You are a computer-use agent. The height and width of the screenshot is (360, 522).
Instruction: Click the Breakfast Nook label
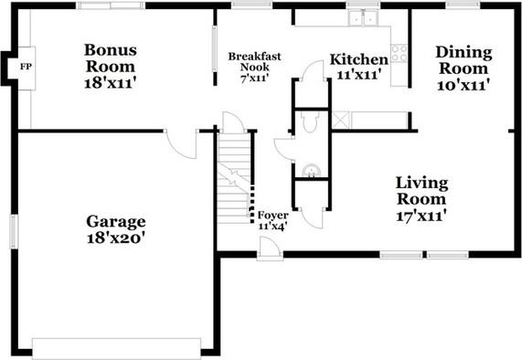[x=254, y=62]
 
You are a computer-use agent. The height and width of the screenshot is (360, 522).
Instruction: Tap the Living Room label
[x=421, y=190]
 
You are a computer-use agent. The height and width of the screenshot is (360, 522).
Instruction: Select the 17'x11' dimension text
[x=421, y=217]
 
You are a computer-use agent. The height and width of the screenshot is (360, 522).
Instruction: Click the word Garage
[x=116, y=221]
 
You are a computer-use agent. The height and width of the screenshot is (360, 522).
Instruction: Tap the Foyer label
[x=272, y=216]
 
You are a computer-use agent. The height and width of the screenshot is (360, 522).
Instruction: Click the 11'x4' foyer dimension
[x=272, y=227]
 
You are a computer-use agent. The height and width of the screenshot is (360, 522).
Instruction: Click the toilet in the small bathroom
[x=309, y=122]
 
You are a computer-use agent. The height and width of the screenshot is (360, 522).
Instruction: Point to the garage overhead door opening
[x=116, y=345]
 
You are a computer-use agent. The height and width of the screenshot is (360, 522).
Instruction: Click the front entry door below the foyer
[x=270, y=249]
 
